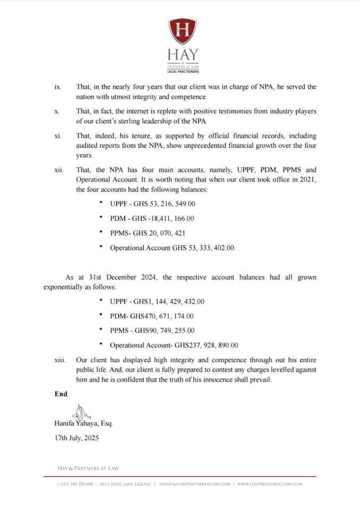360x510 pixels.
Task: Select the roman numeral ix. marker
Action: (x=58, y=87)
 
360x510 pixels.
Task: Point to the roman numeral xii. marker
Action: (x=59, y=170)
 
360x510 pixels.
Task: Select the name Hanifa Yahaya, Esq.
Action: (x=84, y=424)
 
